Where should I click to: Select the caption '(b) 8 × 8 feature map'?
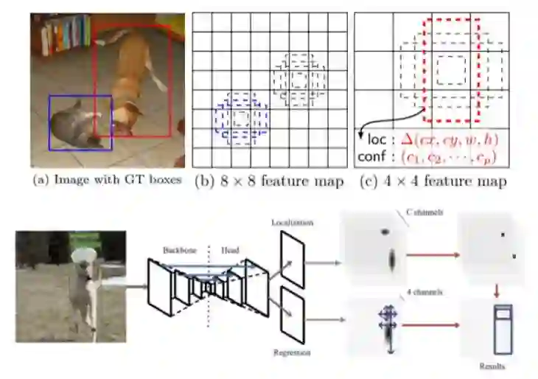coord(268,181)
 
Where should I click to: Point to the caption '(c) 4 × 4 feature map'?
coord(431,181)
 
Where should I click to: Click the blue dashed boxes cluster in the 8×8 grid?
coord(242,119)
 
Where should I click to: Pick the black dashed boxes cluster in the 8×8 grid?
coord(298,78)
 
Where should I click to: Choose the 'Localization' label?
coord(292,221)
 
